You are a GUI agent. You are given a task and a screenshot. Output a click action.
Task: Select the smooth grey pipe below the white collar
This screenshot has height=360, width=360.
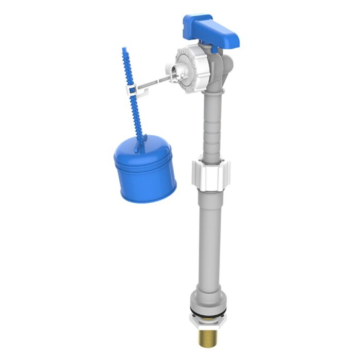[x=209, y=237]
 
